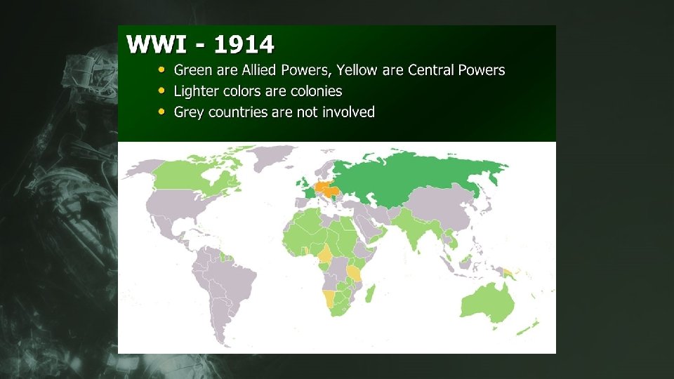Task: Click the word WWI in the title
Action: click(156, 45)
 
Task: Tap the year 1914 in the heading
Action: click(244, 45)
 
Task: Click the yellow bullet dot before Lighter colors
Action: click(162, 91)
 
